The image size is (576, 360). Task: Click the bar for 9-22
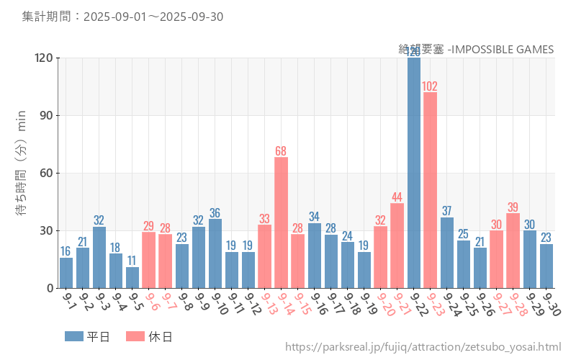tap(414, 173)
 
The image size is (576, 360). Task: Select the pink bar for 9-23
tap(431, 190)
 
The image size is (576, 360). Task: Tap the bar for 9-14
tap(282, 222)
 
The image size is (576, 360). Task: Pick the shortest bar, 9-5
tap(132, 278)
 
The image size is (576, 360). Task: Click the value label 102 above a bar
tap(430, 86)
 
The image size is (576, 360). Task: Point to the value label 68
tap(282, 151)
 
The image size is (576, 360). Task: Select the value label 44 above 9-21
tap(397, 197)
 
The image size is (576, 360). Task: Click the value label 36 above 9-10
tap(215, 213)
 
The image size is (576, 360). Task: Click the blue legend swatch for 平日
tap(74, 336)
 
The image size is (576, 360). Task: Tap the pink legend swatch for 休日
tap(135, 336)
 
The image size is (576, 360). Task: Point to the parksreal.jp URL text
tap(423, 347)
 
